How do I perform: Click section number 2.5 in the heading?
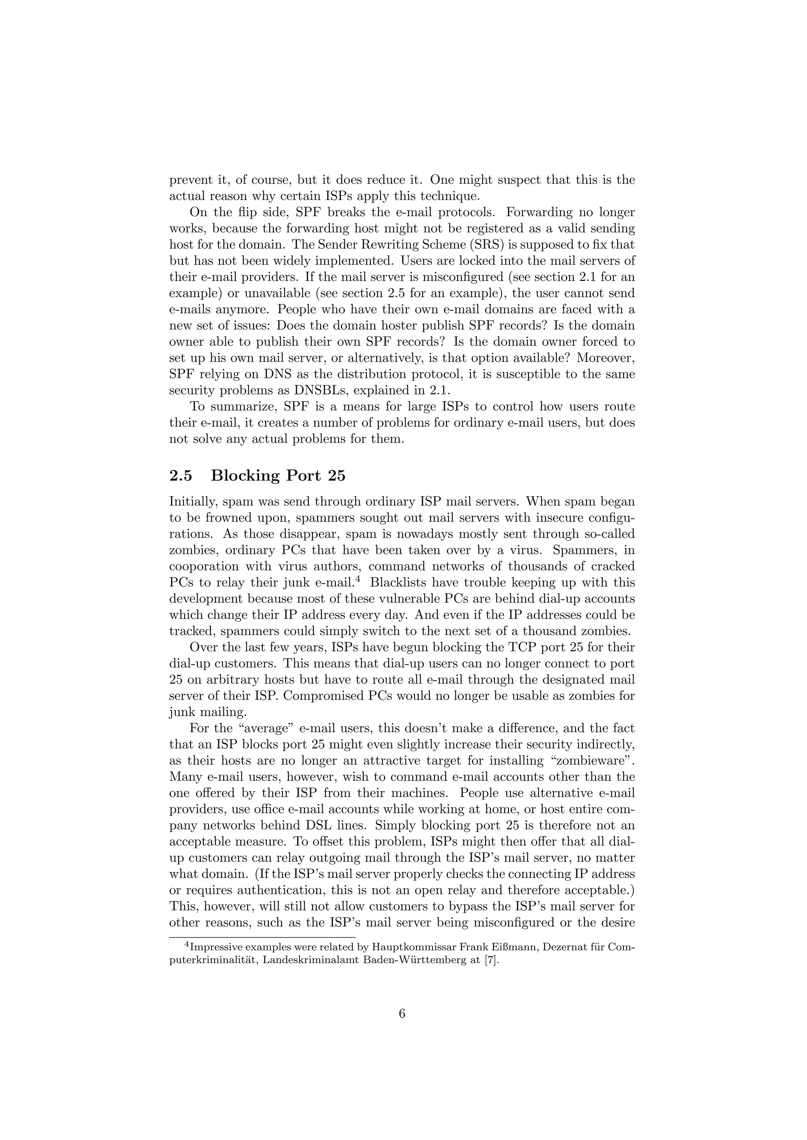(x=180, y=476)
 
